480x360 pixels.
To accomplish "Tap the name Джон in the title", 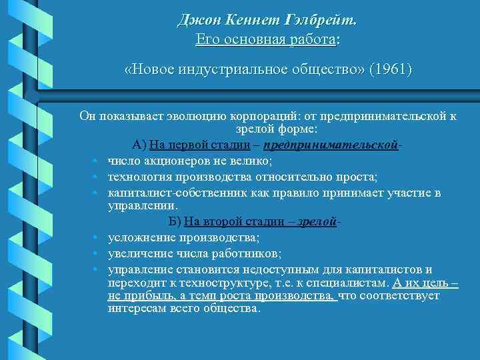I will point(196,21).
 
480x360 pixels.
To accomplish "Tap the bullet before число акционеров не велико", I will point(96,161).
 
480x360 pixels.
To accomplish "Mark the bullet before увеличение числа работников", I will point(96,254).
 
